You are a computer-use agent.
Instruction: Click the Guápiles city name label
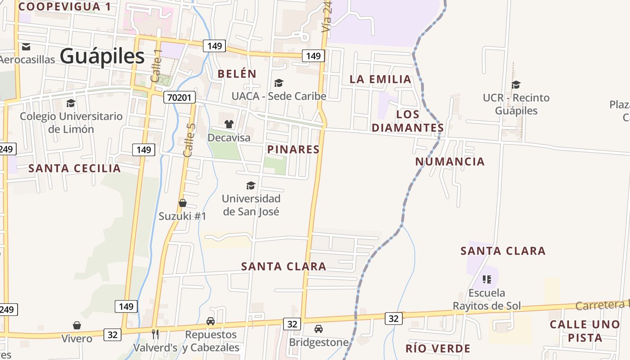point(102,57)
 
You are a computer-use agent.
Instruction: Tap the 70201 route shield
point(180,97)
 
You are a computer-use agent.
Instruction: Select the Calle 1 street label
point(156,66)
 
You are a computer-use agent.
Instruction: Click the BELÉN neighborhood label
point(237,74)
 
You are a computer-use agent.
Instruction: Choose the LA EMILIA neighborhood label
point(381,79)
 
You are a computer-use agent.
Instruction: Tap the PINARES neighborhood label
point(293,149)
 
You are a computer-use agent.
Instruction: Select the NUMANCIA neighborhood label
point(450,162)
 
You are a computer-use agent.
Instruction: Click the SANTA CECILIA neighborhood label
point(75,168)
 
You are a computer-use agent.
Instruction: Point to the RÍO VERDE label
point(438,348)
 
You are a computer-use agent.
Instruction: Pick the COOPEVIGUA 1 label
point(64,6)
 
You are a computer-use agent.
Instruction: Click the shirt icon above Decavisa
point(229,124)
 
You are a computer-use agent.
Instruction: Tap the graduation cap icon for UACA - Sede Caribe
point(279,83)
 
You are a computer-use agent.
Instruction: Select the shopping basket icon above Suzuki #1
point(183,203)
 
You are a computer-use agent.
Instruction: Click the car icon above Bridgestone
point(319,329)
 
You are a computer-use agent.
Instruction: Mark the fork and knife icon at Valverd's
point(155,334)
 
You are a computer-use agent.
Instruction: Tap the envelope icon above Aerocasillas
point(26,46)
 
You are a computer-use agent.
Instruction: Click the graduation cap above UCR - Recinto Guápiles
point(516,85)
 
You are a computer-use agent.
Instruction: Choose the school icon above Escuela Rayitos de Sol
point(486,279)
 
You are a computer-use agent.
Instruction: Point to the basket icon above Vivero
point(77,325)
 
